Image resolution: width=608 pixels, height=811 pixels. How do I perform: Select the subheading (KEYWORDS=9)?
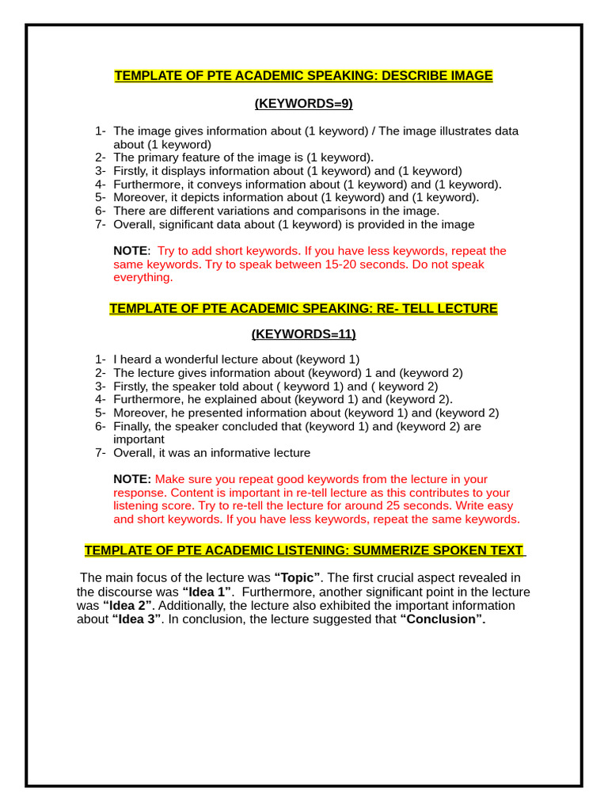(303, 104)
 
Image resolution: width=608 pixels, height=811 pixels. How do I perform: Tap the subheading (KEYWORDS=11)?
(303, 333)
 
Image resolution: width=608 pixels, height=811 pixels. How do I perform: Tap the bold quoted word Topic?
(297, 578)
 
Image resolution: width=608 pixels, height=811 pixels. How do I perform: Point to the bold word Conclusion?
(443, 619)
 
